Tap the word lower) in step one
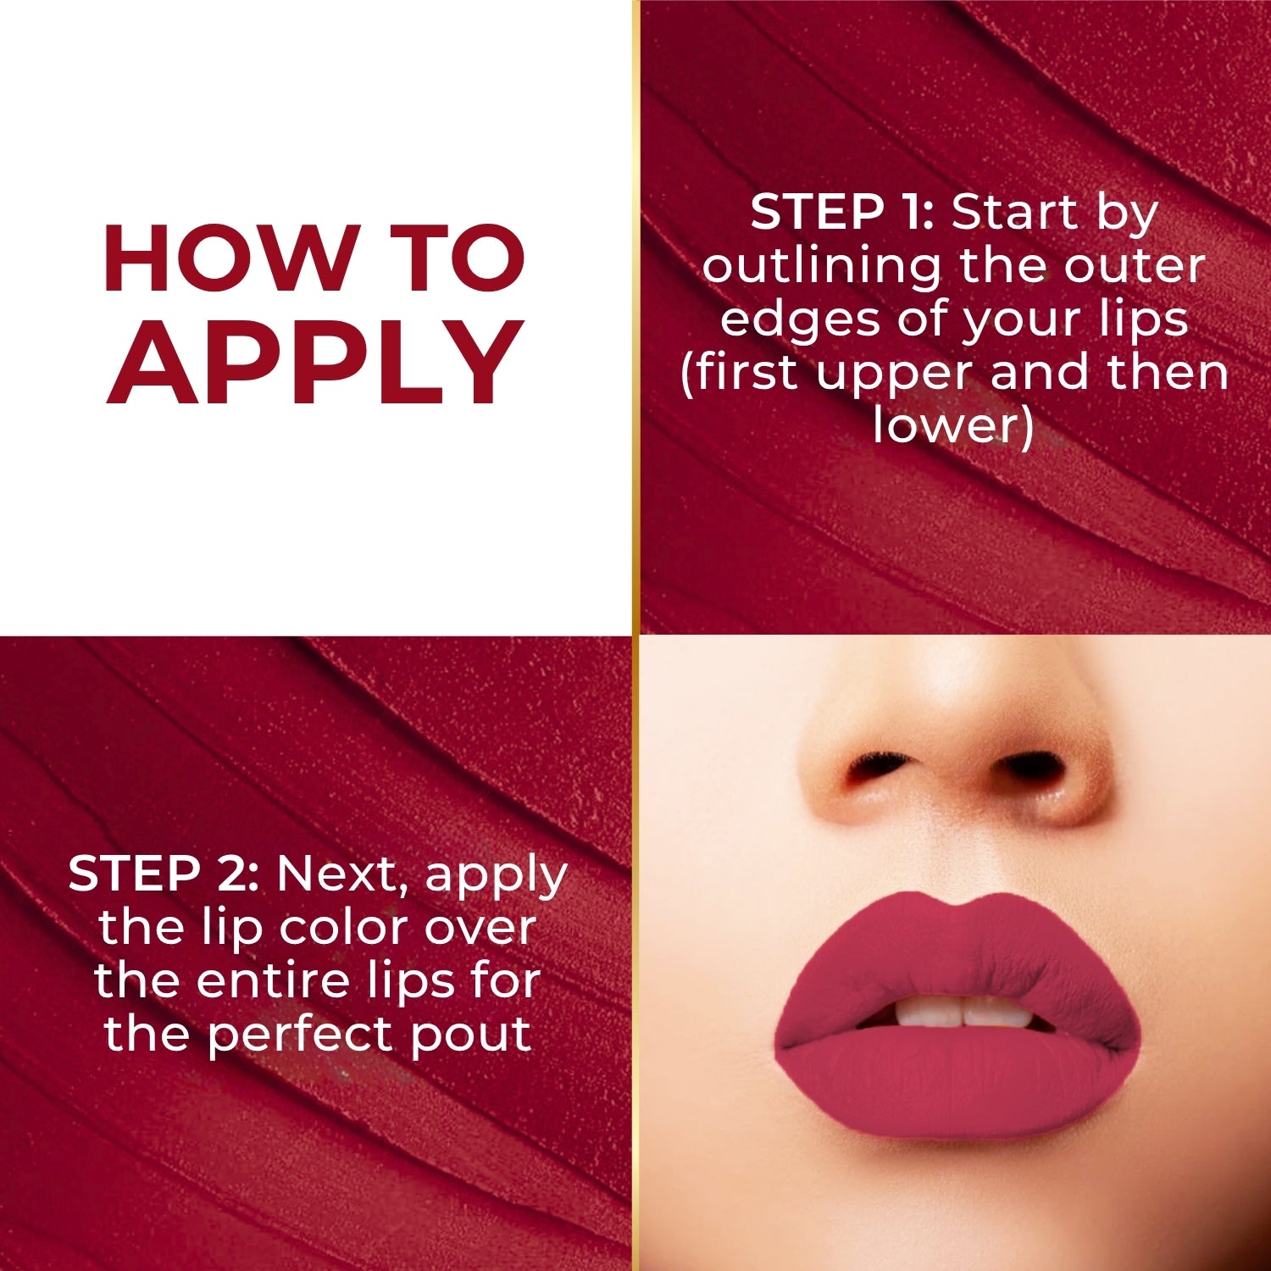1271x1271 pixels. coord(953,425)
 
